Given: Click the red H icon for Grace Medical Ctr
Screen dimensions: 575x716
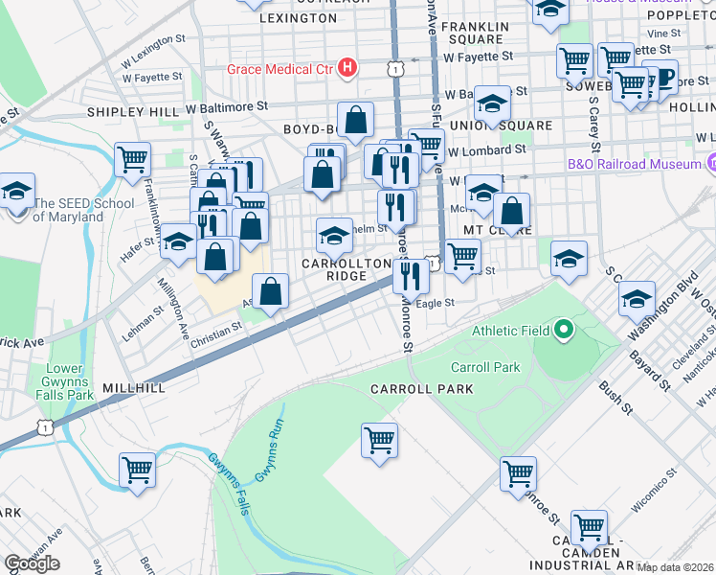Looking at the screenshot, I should click(348, 69).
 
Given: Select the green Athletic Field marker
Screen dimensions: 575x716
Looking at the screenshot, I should click(564, 331).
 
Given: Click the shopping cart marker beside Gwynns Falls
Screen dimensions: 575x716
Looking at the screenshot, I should click(137, 471).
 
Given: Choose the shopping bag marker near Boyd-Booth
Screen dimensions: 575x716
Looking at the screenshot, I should click(355, 121).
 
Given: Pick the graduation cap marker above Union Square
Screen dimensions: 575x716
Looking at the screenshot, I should click(492, 103).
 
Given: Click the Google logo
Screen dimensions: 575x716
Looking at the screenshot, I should click(32, 563).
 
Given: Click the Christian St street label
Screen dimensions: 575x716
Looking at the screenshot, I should click(214, 331).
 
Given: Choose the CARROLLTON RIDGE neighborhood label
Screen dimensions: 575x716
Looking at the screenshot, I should click(335, 269).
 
